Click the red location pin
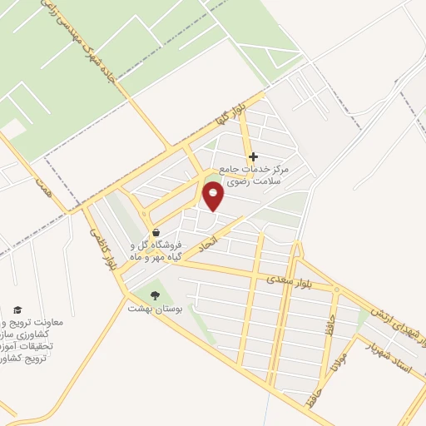(x=214, y=196)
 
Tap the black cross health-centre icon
(x=253, y=156)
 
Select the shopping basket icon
(x=155, y=232)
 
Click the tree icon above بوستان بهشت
(x=153, y=295)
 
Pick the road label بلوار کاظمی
(x=99, y=246)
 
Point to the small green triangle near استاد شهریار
(x=363, y=317)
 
